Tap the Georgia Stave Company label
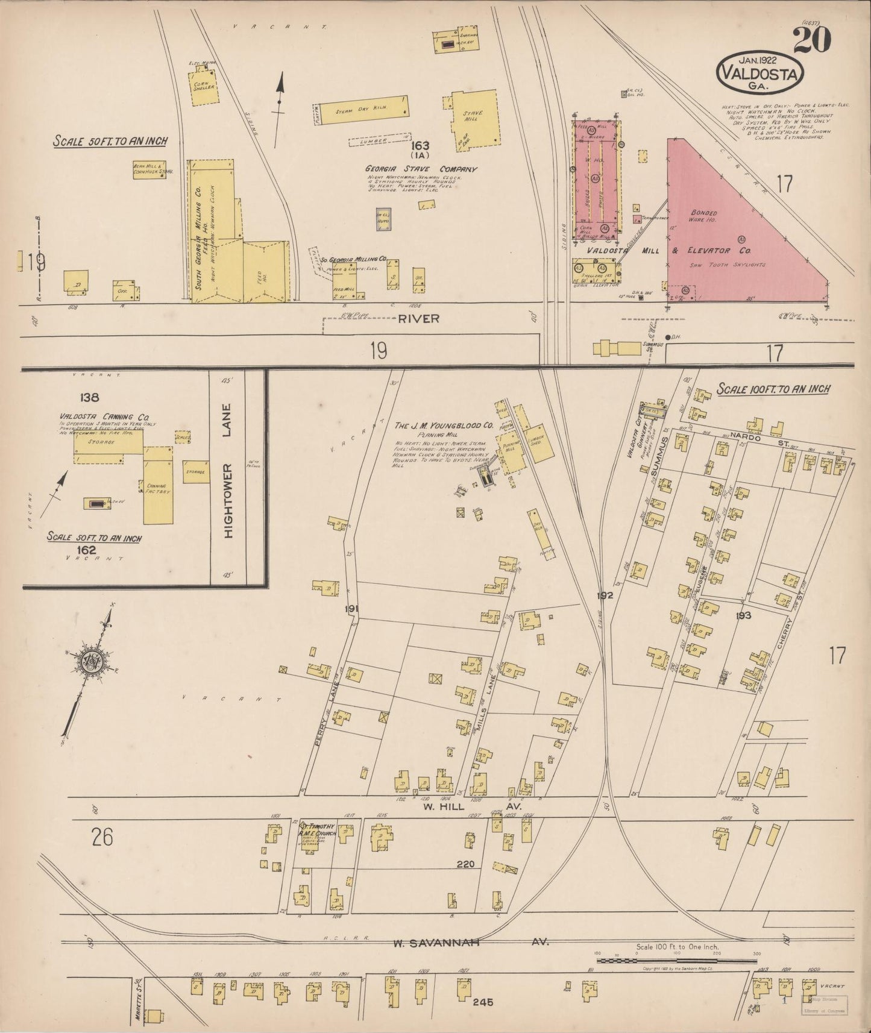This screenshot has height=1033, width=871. tap(420, 169)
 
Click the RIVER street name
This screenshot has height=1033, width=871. tap(418, 319)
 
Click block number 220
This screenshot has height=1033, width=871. tap(465, 864)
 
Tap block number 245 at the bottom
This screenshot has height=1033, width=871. tap(483, 1002)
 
